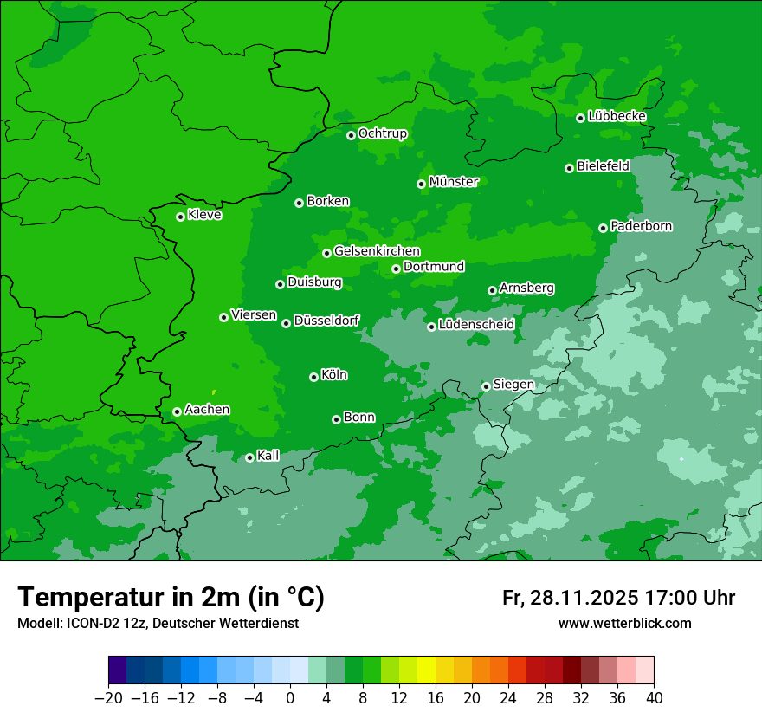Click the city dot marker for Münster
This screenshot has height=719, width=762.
421,184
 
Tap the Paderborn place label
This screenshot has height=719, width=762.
641,226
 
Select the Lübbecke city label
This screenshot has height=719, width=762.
617,116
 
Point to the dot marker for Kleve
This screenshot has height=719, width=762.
180,217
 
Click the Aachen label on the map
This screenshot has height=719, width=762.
207,410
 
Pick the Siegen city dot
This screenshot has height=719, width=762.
486,386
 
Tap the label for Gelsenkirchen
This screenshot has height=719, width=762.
377,251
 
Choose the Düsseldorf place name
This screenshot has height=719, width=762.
326,321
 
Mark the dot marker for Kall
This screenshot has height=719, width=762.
249,457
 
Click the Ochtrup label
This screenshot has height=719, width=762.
382,133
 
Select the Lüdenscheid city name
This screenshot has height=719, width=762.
476,325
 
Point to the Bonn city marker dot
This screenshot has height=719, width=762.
336,419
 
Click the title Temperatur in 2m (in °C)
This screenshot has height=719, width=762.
171,597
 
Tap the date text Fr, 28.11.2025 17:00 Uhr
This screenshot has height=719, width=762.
618,598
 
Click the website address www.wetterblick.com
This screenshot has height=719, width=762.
624,623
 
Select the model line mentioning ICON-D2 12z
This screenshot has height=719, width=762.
158,623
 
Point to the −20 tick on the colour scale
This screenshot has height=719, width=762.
108,698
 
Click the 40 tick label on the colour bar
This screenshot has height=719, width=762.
654,698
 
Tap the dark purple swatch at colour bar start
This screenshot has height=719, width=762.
118,670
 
